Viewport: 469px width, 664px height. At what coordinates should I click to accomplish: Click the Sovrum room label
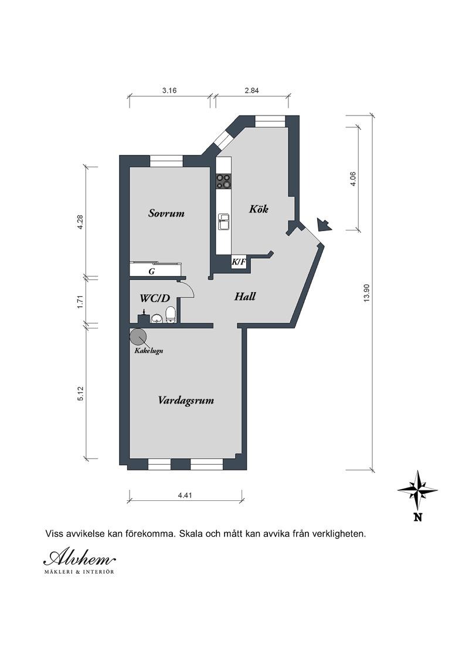(166, 213)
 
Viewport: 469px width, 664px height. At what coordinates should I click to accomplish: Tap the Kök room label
(259, 209)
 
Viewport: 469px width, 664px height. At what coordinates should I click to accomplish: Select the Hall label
(245, 296)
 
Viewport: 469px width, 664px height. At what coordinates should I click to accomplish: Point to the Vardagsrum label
(186, 400)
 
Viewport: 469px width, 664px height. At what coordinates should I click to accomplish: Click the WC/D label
(155, 299)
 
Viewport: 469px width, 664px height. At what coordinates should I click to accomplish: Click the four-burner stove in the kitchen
(224, 181)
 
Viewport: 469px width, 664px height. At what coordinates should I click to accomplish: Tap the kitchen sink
(224, 222)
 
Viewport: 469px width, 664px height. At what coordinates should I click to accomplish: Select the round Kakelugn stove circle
(138, 337)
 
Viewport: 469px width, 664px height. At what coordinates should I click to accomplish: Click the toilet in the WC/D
(170, 314)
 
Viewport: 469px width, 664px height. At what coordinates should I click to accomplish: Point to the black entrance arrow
(324, 225)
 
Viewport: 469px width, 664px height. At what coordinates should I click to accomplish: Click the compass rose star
(418, 490)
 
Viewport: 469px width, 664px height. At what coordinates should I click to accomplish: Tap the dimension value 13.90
(366, 293)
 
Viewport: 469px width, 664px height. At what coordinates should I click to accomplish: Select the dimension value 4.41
(185, 494)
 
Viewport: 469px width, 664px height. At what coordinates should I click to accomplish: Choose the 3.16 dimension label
(169, 90)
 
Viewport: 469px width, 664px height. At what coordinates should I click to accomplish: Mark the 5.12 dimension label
(81, 394)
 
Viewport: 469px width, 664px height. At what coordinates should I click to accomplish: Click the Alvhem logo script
(79, 558)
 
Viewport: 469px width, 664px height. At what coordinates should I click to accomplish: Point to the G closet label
(151, 272)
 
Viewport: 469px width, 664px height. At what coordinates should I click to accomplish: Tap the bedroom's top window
(166, 161)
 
